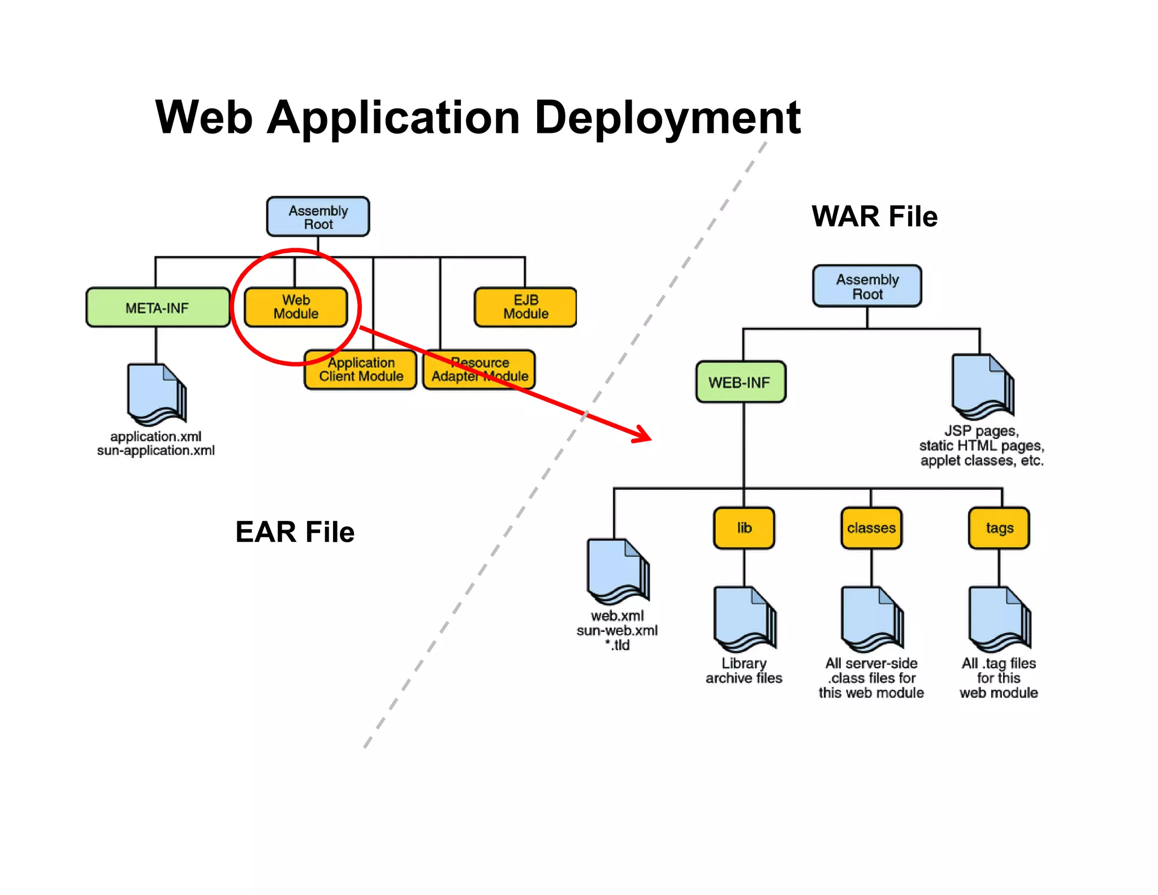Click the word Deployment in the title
point(667,118)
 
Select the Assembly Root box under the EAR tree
point(318,217)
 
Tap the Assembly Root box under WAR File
point(867,286)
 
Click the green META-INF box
point(157,308)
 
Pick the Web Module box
point(296,307)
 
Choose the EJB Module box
point(525,307)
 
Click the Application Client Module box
point(361,369)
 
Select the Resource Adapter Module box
point(479,369)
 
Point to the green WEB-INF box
point(740,382)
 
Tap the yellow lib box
point(744,528)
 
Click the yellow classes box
point(871,528)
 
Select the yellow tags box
point(999,528)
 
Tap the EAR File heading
point(295,532)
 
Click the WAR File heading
point(874,216)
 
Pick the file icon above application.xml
point(157,394)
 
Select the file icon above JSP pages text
point(982,386)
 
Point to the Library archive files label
point(744,670)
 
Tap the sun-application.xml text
point(155,451)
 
